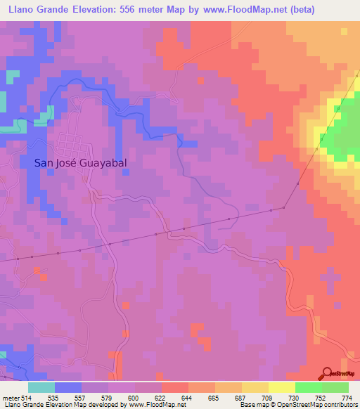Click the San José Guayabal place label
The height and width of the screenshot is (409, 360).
85,162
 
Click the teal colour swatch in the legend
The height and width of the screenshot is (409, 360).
41,387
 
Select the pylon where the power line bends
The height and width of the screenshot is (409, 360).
284,207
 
